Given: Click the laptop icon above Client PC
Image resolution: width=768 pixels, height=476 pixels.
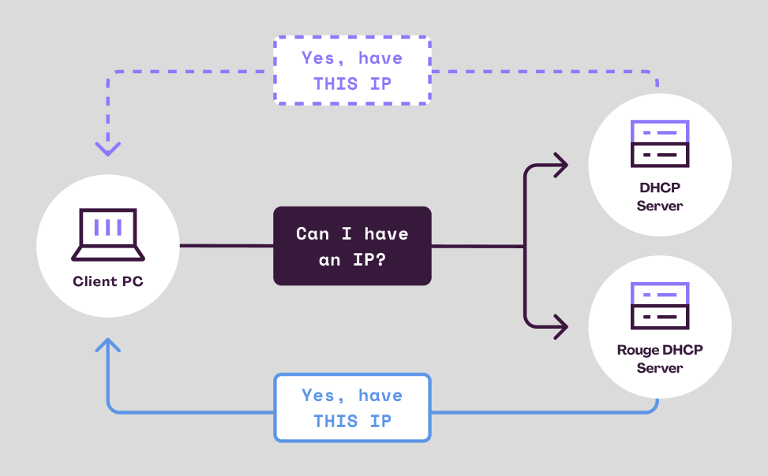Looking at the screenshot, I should coord(108,234).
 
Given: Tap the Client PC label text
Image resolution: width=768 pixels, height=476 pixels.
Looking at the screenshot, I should coord(108,281).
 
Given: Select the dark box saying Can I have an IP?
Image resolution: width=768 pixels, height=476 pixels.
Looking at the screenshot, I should coord(352,246).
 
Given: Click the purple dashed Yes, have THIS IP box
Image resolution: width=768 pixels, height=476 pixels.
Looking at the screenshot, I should coord(352,70).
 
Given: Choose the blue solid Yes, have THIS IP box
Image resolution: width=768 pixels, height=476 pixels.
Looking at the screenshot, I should coord(352,407).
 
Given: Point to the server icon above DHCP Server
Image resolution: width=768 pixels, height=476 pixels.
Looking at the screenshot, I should coord(660,143).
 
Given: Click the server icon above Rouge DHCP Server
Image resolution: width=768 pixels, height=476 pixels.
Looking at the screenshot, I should coord(660,306).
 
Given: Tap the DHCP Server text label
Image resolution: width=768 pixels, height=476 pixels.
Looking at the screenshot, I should coord(660,197).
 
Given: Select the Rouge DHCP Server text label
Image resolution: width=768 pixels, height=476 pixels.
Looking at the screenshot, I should coord(660,359).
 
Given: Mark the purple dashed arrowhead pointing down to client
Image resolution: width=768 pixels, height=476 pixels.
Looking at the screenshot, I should coord(108,147).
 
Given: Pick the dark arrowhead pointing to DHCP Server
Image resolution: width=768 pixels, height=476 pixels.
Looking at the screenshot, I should coord(560,165).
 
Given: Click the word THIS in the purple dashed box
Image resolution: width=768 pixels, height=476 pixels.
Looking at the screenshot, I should coord(335,84).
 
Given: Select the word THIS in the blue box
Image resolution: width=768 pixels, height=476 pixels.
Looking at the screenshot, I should coord(335,421).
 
